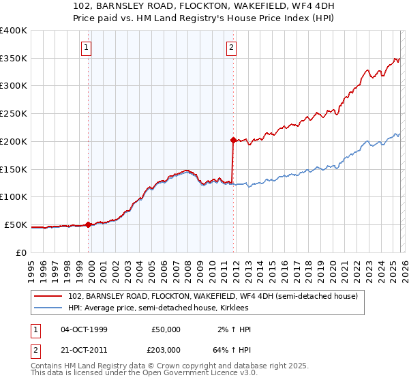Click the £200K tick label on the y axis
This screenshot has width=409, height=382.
click(14, 141)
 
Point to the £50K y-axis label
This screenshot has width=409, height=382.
click(16, 224)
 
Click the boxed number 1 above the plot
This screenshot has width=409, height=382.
click(87, 48)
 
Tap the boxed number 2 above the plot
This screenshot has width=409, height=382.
click(232, 48)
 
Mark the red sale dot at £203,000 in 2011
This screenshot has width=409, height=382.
click(232, 140)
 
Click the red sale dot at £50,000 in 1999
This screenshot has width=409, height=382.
click(89, 224)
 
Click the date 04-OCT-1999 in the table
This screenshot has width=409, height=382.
click(84, 329)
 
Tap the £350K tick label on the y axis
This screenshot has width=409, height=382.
click(14, 58)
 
